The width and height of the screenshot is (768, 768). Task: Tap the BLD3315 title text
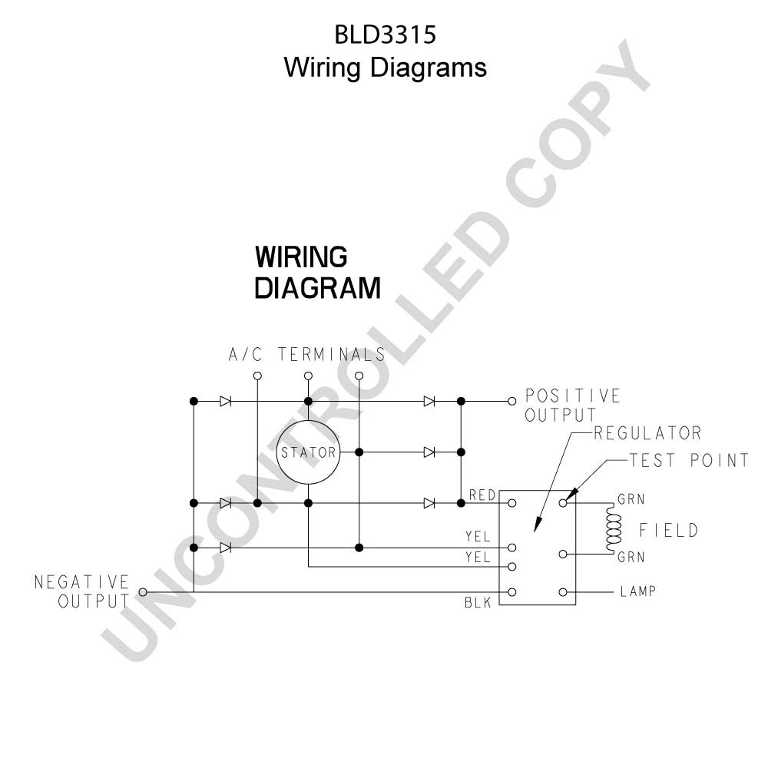point(385,35)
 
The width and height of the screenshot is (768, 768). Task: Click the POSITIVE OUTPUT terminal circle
point(511,401)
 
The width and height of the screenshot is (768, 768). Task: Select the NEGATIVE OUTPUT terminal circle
point(143,592)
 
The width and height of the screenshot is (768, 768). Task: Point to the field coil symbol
point(613,529)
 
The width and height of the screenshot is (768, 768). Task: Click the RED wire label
point(482,495)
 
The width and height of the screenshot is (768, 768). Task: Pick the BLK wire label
point(478,602)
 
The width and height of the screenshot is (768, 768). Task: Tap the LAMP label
point(637,591)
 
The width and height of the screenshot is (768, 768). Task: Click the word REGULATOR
point(647,433)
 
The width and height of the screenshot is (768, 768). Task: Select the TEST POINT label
point(689,460)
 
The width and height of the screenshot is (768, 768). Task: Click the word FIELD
point(669,531)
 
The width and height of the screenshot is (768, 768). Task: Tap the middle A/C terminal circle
point(308,376)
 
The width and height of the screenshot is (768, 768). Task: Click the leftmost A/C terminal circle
point(257,376)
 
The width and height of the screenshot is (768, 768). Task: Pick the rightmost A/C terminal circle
point(359,376)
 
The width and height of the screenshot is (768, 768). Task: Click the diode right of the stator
point(429,452)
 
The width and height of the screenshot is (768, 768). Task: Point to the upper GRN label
point(631,499)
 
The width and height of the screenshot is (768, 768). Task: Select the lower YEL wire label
point(478,557)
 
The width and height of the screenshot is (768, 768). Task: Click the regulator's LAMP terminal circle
point(563,592)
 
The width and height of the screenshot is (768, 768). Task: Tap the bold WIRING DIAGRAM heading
point(317,273)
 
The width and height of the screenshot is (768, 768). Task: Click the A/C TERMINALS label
point(307,354)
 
